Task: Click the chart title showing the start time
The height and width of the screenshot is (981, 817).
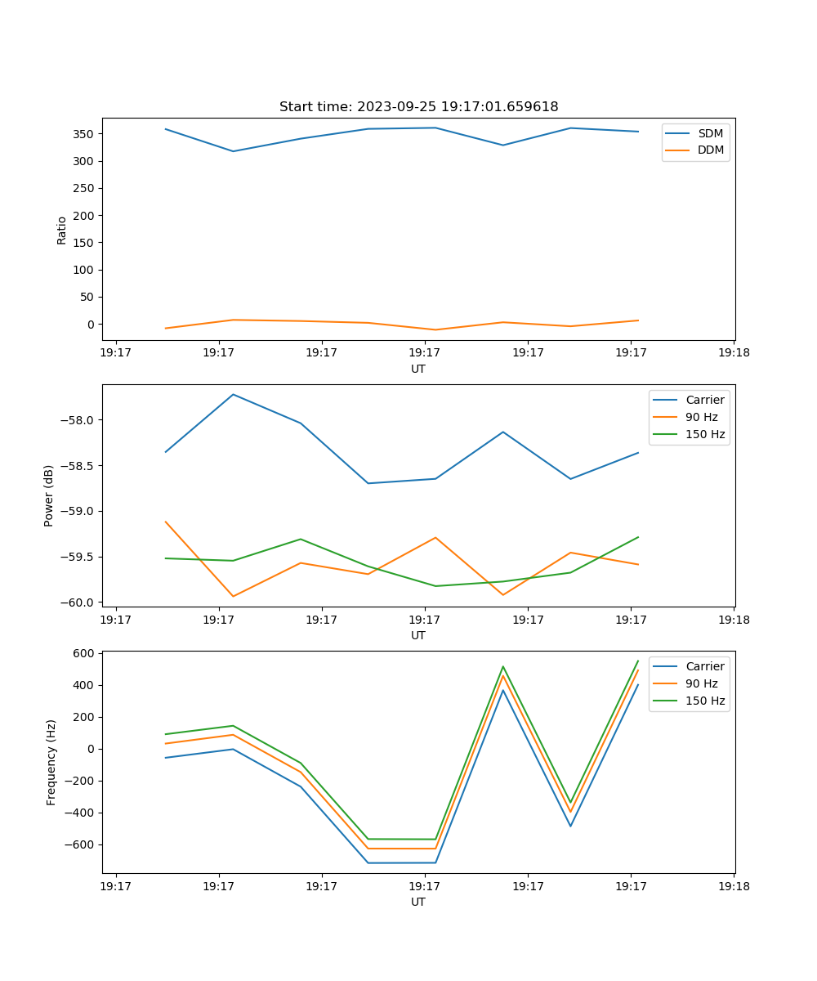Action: click(418, 107)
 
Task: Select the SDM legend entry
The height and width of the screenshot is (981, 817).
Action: click(710, 133)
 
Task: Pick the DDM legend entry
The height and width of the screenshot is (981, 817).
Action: click(710, 150)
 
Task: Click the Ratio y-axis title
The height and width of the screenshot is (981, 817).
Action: click(62, 231)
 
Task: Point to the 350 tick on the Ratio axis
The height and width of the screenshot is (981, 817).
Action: click(84, 134)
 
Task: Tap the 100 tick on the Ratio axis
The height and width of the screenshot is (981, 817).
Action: click(84, 270)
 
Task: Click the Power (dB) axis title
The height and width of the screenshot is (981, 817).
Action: click(49, 495)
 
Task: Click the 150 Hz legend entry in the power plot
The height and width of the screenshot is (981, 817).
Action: click(704, 435)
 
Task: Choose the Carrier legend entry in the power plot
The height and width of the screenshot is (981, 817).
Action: click(704, 401)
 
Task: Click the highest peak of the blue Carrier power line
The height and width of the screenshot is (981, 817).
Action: click(234, 395)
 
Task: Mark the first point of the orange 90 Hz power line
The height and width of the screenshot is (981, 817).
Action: click(166, 522)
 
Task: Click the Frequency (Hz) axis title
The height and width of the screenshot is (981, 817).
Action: click(51, 762)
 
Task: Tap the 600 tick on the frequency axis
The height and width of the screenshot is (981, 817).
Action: click(84, 653)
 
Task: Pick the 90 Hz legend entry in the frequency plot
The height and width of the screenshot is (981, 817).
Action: click(701, 683)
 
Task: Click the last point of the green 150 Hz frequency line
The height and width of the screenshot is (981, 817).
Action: click(638, 661)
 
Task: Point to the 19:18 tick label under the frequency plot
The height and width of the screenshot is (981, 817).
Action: click(734, 885)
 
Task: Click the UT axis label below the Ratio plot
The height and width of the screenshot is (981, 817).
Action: click(418, 369)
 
